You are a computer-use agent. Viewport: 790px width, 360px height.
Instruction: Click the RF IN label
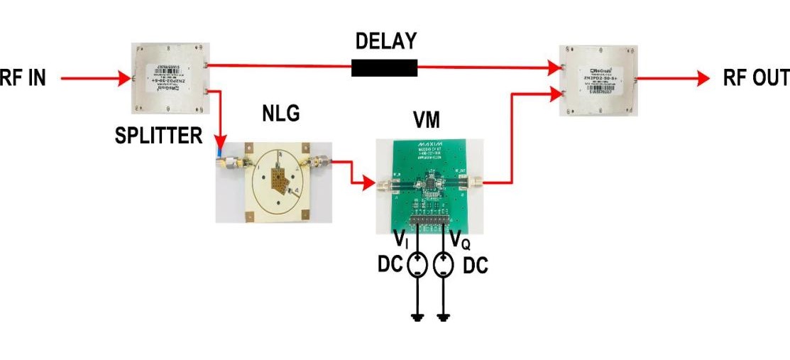tap(23, 77)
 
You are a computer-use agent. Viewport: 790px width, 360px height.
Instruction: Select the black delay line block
tap(384, 67)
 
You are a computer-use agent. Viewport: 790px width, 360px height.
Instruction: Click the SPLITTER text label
tap(158, 135)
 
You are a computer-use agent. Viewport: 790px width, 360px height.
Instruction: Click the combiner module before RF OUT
tap(597, 80)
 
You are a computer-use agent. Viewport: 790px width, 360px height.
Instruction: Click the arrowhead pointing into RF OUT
tap(703, 79)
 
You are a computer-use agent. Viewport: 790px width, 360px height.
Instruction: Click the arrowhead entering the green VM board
tap(368, 183)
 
